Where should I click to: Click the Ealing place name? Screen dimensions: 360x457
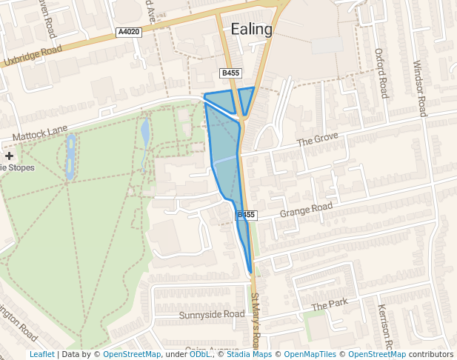pos(251,30)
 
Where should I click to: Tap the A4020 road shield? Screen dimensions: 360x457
pos(129,33)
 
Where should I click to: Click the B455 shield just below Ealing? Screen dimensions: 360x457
pos(230,73)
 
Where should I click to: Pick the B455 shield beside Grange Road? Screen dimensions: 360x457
pos(247,215)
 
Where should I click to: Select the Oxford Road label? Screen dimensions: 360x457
pos(380,73)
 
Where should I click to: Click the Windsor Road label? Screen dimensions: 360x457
pos(420,87)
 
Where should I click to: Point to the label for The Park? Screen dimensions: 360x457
pos(329,304)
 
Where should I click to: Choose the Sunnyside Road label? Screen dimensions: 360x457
pos(212,315)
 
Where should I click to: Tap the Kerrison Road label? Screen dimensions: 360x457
pos(383,326)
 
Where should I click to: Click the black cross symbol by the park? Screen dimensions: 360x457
pos(9,156)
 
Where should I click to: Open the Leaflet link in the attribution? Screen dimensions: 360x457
pos(41,354)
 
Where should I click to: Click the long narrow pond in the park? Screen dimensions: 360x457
pos(70,156)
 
